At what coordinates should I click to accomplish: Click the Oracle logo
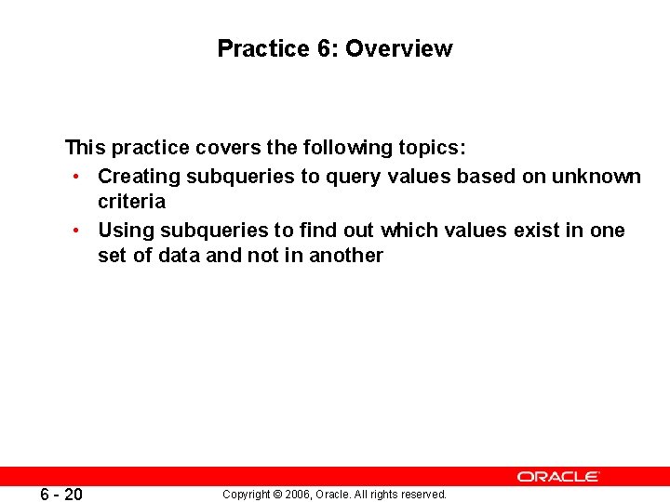pyautogui.click(x=558, y=476)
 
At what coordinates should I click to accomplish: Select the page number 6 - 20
pyautogui.click(x=61, y=495)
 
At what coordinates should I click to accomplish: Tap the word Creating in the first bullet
pyautogui.click(x=139, y=176)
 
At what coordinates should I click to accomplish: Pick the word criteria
pyautogui.click(x=131, y=202)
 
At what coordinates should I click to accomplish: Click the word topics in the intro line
pyautogui.click(x=432, y=148)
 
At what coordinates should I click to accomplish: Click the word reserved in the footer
pyautogui.click(x=425, y=495)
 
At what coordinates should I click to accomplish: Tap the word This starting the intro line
pyautogui.click(x=85, y=148)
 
